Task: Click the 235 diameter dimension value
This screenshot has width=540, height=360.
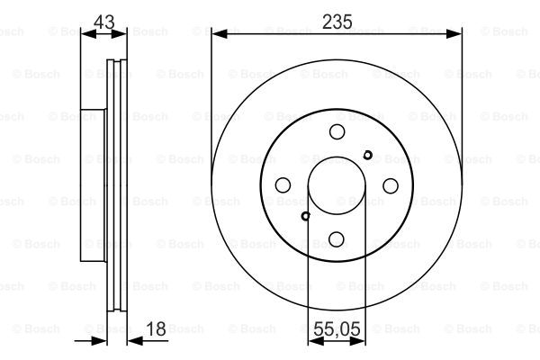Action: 337,22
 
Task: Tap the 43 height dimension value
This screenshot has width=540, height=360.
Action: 104,22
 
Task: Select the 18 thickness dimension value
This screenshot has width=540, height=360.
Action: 156,328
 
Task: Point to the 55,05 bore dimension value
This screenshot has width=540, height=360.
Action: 337,328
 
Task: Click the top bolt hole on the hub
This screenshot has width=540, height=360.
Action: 337,131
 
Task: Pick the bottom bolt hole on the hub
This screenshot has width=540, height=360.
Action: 336,239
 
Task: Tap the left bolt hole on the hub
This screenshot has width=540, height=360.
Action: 283,185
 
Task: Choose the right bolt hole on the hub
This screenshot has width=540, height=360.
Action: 391,185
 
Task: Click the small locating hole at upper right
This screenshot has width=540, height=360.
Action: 367,155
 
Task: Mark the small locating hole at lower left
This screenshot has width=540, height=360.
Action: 305,216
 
